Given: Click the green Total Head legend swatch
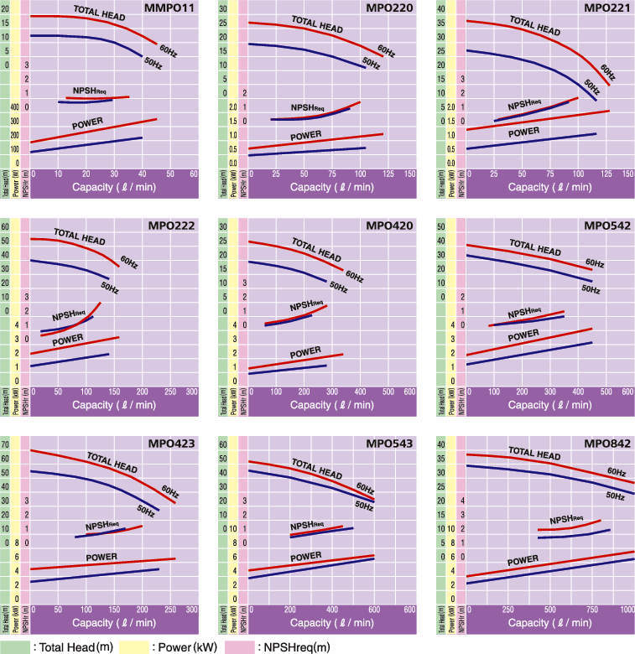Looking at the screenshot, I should coord(15,646).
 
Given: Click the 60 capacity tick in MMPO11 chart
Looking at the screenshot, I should coord(194,174).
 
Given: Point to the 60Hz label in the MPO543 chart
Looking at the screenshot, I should coord(365,487).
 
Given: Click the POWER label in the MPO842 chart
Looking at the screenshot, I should coord(523,559).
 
